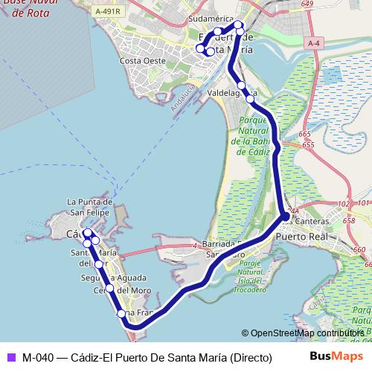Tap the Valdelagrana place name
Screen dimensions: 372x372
pos(231,94)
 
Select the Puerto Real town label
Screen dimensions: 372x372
pos(301,236)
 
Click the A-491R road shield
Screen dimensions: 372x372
pos(109,12)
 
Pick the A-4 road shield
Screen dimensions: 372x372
pos(315,45)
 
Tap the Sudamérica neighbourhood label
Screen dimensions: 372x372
pos(211,19)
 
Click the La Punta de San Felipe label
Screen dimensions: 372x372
pos(89,206)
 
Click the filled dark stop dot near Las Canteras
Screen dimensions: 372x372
pos(286,217)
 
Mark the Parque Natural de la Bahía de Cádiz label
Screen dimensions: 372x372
pos(254,135)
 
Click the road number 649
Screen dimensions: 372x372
pos(307,4)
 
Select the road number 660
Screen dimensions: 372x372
pos(359,250)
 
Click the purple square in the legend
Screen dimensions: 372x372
pos(10,356)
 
